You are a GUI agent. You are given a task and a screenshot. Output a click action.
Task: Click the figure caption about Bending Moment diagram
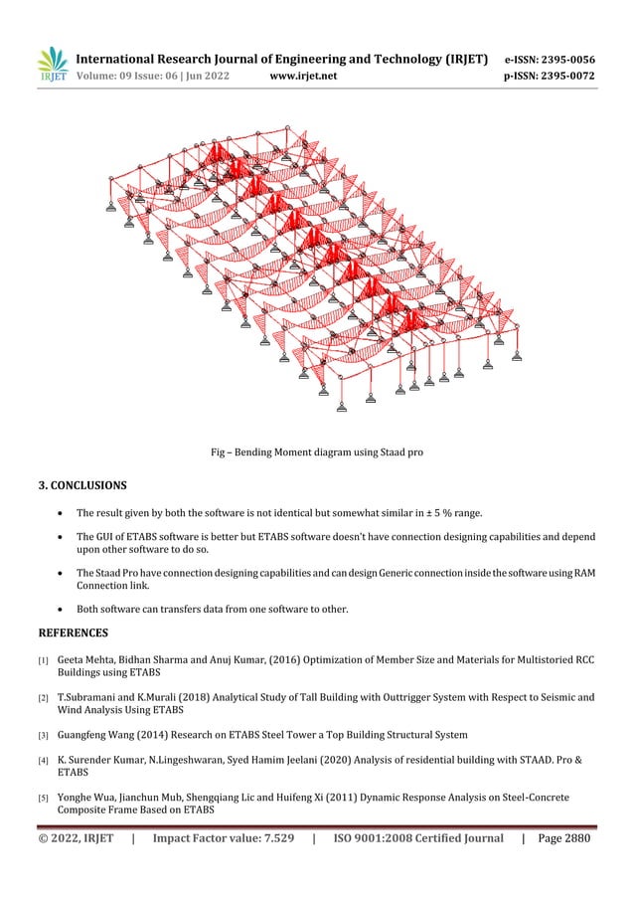tap(317, 452)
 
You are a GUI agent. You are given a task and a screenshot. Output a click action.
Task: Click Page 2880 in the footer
tap(564, 838)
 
